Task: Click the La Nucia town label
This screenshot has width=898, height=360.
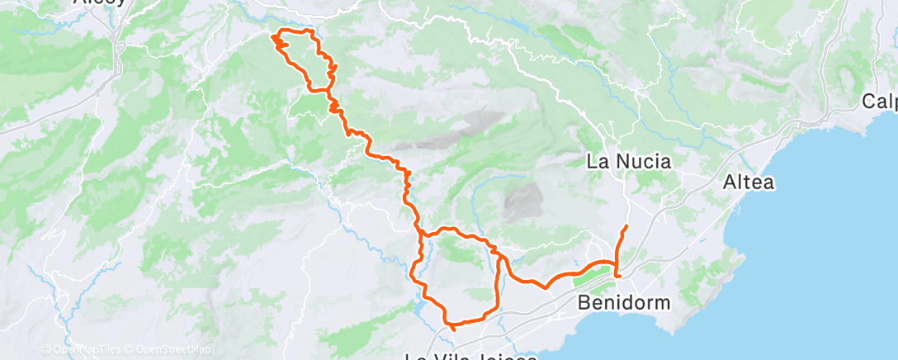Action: tap(628, 162)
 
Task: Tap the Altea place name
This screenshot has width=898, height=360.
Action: tap(748, 182)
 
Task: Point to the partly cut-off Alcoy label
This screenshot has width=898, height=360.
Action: tap(100, 2)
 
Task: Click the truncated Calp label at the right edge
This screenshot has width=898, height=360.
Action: tap(880, 102)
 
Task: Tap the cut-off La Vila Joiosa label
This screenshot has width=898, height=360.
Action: tap(471, 356)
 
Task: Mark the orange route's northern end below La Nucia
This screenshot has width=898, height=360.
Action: tap(626, 225)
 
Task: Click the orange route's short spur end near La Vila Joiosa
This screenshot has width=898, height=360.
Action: tap(454, 330)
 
